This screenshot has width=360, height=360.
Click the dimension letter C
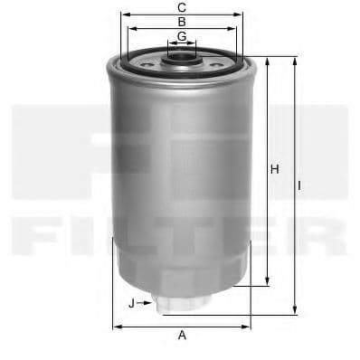[x=182, y=7]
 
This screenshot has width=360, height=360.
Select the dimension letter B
[x=182, y=22]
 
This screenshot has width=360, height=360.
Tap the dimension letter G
[x=182, y=36]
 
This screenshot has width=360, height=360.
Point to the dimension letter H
[x=274, y=169]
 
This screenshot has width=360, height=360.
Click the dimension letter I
[x=299, y=185]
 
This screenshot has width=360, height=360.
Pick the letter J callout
[x=131, y=303]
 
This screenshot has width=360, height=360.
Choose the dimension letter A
[x=182, y=335]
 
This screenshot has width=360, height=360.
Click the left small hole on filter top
[x=147, y=64]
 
